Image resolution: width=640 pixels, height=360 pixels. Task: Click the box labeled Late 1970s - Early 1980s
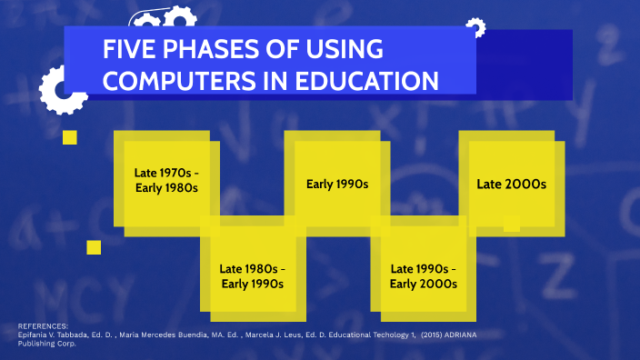point(165,180)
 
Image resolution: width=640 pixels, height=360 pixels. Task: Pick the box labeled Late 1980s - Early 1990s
point(252,275)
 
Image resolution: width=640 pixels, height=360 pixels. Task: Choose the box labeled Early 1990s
point(336,184)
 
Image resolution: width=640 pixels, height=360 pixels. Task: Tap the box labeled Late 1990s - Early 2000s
point(423,275)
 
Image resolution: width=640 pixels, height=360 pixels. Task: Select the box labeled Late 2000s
point(511,184)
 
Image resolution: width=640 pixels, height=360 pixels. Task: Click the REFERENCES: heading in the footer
point(43,325)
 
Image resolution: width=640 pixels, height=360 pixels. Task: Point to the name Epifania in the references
point(35,334)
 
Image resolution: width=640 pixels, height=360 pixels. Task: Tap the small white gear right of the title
point(474,27)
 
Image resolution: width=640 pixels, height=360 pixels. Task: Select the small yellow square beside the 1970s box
point(69,137)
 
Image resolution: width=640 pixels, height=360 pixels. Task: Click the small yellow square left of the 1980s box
point(94,247)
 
